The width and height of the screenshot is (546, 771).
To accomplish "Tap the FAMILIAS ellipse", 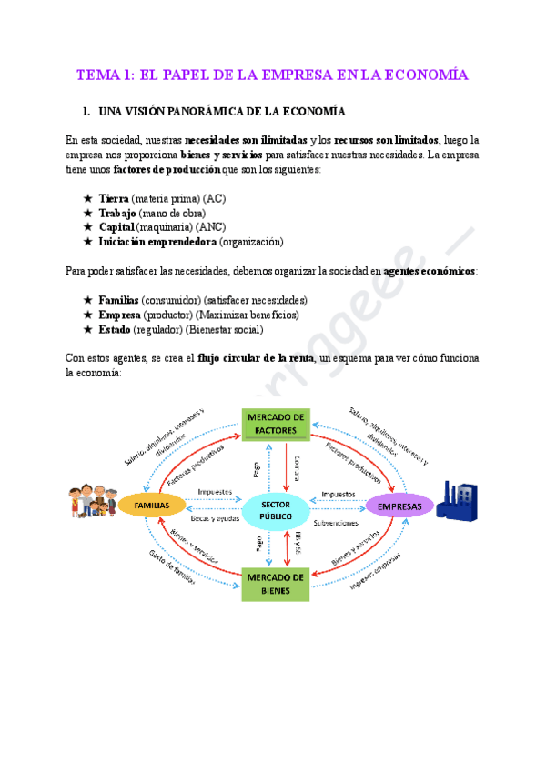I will pyautogui.click(x=152, y=505).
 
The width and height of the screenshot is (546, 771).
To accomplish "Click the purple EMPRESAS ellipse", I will pyautogui.click(x=399, y=506).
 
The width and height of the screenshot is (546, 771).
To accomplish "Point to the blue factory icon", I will pyautogui.click(x=458, y=502).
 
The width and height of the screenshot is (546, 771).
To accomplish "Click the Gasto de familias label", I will pyautogui.click(x=173, y=570).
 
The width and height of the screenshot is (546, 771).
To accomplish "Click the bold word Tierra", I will pyautogui.click(x=114, y=198).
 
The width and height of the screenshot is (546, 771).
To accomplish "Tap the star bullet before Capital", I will pyautogui.click(x=87, y=227).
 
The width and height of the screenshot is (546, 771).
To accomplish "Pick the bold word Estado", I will pyautogui.click(x=115, y=329).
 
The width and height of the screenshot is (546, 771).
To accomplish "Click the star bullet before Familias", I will pyautogui.click(x=87, y=300).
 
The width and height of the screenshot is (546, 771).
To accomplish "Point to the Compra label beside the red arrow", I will pyautogui.click(x=296, y=471).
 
